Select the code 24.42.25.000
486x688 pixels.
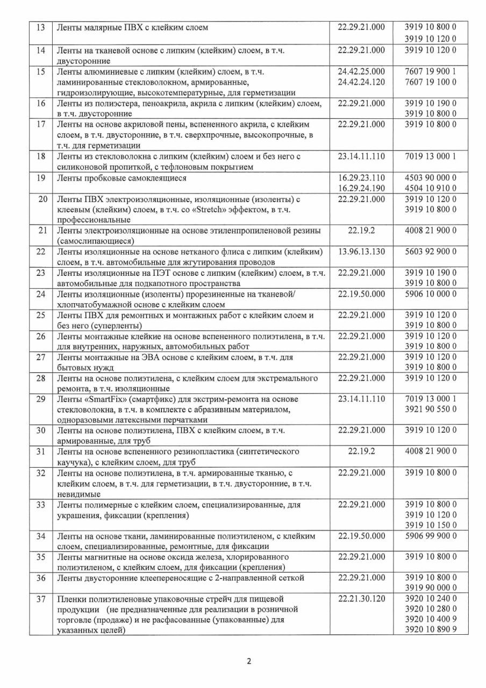[x=361, y=71]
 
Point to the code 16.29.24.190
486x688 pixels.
[x=361, y=188]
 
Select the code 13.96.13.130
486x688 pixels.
[x=361, y=252]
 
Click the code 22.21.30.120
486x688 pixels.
[x=361, y=599]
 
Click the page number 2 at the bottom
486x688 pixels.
[x=249, y=661]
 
